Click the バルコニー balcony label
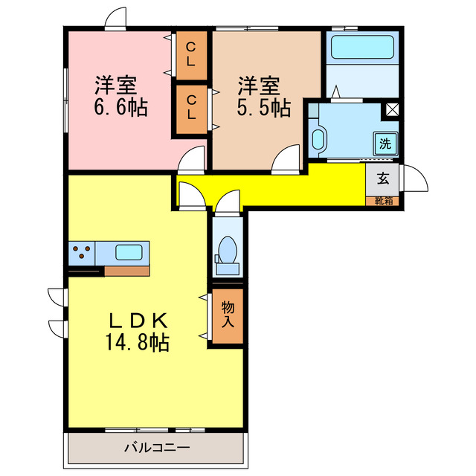pyautogui.click(x=156, y=448)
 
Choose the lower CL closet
pyautogui.click(x=191, y=108)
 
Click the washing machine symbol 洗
pyautogui.click(x=385, y=144)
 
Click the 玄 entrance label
pyautogui.click(x=382, y=178)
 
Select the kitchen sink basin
pyautogui.click(x=131, y=251)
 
